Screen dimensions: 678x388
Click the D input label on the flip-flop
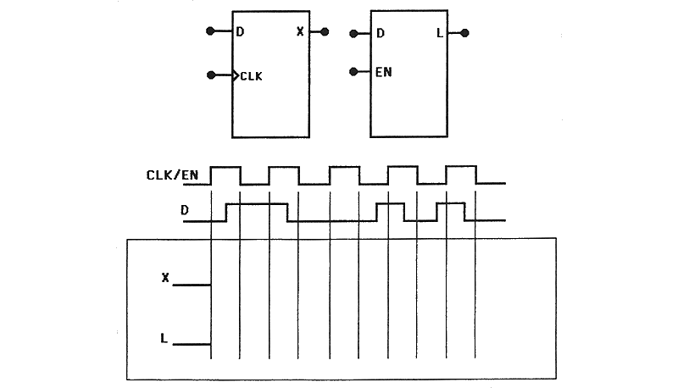(241, 31)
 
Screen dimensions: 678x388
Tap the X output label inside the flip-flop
(300, 31)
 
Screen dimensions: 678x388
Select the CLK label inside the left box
(251, 76)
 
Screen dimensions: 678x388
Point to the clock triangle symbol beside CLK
(236, 76)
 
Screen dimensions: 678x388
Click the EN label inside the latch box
(384, 72)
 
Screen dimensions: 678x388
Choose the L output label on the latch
(440, 33)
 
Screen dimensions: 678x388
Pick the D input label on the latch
(381, 33)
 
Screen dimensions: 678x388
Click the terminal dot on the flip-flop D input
(210, 31)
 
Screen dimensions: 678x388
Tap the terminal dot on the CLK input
(211, 75)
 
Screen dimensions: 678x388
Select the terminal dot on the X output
(325, 31)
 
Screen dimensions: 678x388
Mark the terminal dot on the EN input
(353, 72)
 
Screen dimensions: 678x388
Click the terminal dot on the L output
(464, 33)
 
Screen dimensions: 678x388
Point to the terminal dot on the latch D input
(353, 34)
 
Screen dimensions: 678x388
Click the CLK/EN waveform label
(172, 175)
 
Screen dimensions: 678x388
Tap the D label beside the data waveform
(185, 210)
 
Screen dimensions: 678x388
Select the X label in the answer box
(165, 278)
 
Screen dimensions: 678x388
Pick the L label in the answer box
(164, 338)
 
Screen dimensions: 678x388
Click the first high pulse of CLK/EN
(225, 167)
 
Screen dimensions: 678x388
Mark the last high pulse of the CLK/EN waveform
(461, 166)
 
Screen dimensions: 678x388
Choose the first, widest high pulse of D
(257, 204)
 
